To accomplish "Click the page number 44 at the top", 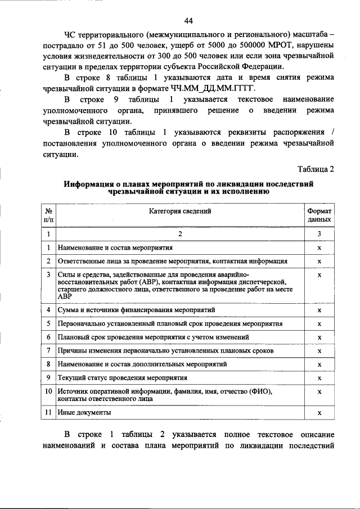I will tap(188, 21).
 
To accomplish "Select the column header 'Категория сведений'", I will tap(180, 211).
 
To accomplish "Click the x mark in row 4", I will tap(319, 310).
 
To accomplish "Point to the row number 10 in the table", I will tap(48, 391).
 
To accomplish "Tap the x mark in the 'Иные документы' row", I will tap(319, 413).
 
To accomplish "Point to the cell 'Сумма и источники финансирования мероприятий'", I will tap(136, 310).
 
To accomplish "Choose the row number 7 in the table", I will tap(49, 350).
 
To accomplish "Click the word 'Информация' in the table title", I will tap(88, 183).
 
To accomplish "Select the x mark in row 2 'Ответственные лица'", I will tap(319, 262).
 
